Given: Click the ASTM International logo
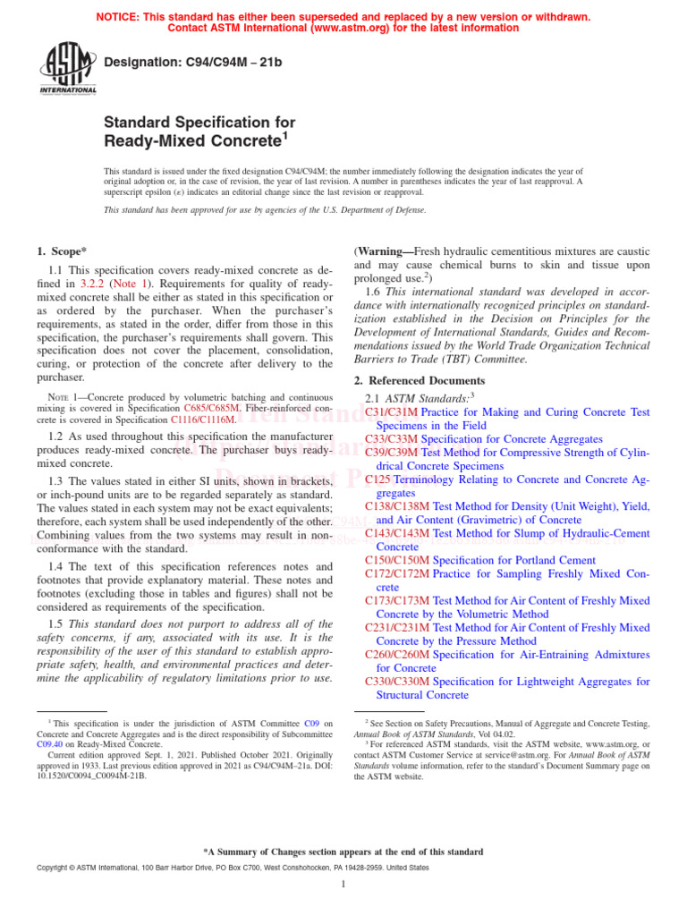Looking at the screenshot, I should pyautogui.click(x=67, y=68).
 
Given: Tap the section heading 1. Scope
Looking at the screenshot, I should pyautogui.click(x=62, y=251).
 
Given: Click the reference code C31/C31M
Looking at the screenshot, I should pyautogui.click(x=391, y=412).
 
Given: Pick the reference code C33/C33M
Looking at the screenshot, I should pyautogui.click(x=391, y=439).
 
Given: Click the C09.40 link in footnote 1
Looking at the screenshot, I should pyautogui.click(x=50, y=743).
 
